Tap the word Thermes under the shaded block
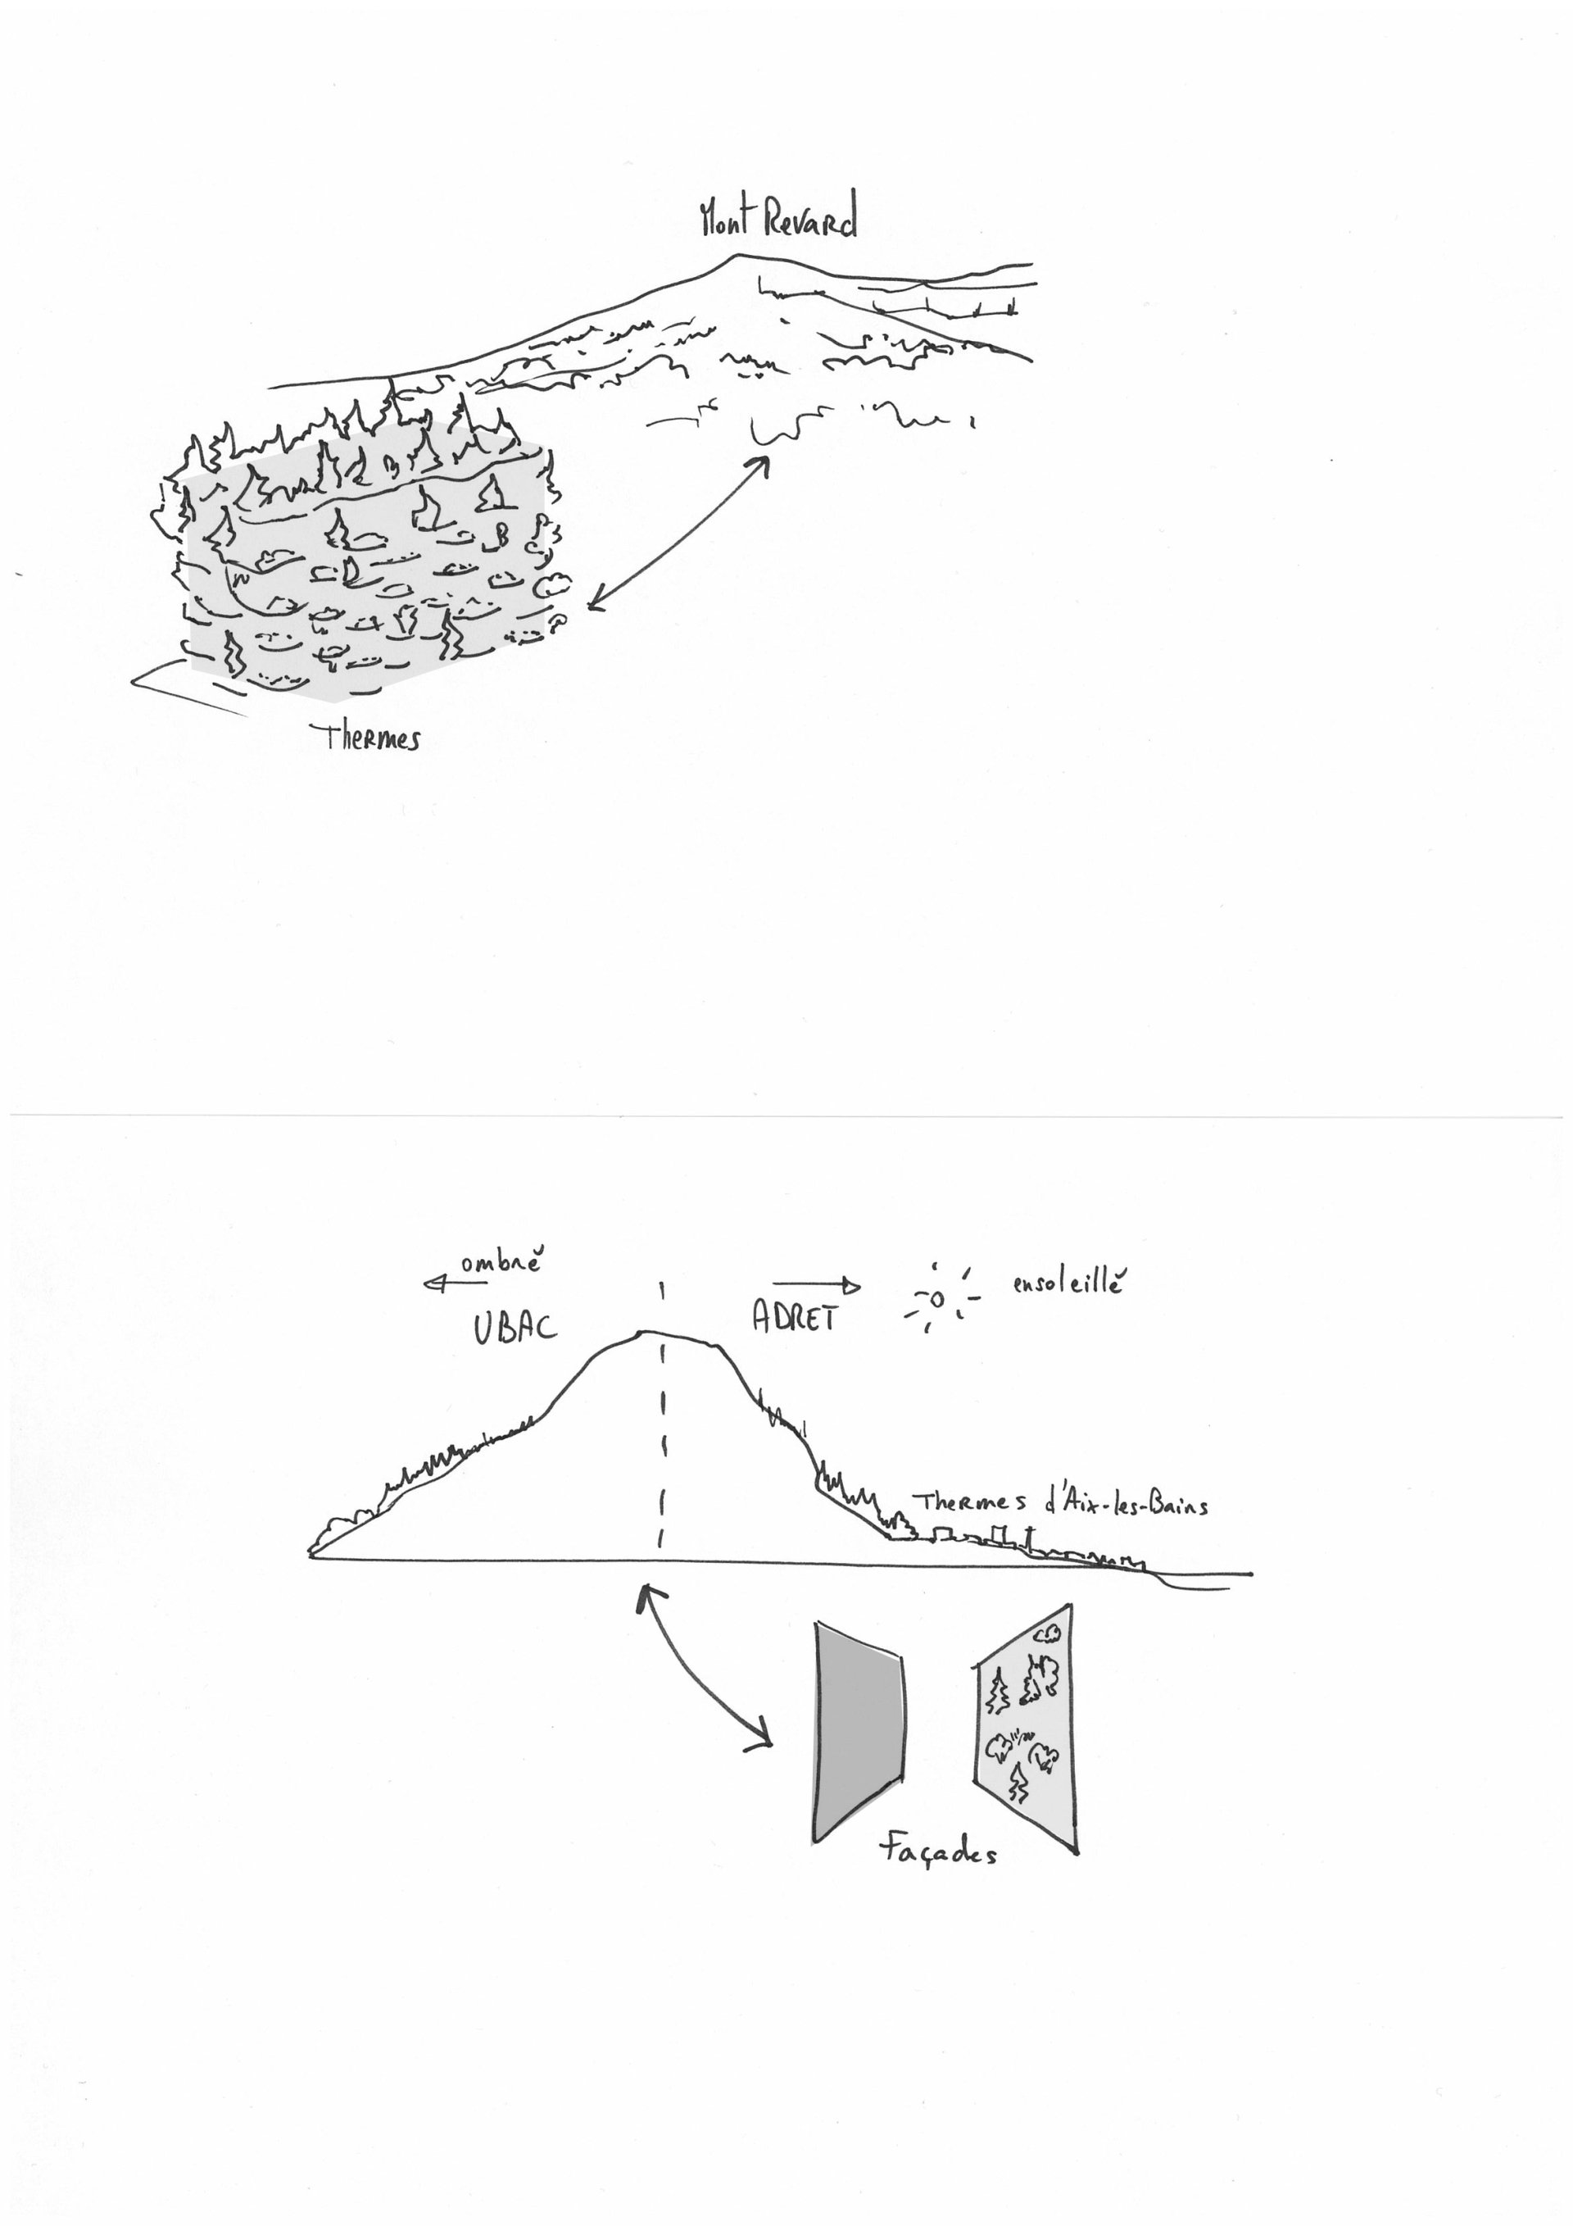point(371,738)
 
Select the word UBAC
point(515,1326)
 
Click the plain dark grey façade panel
point(859,1732)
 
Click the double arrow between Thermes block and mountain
point(676,535)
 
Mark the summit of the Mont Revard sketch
point(738,255)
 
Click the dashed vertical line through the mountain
point(662,1421)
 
